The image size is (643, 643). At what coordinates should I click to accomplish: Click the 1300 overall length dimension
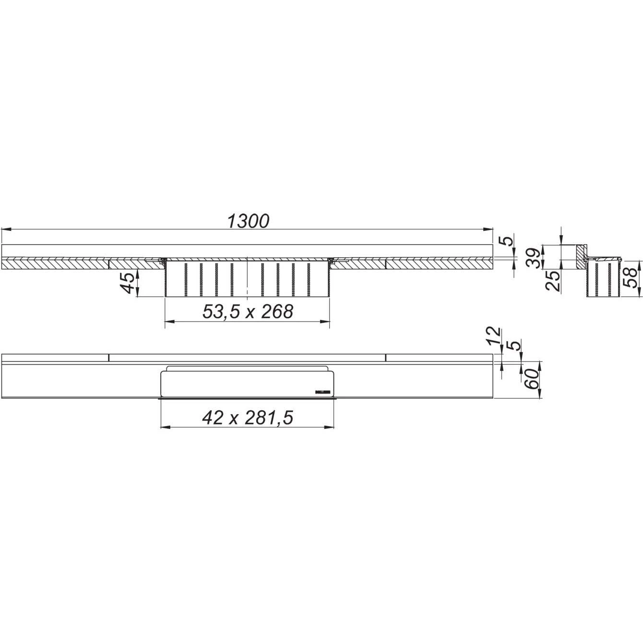(248, 221)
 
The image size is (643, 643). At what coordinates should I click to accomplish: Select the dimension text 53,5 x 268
(248, 312)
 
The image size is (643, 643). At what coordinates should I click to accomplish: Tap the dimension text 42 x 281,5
(248, 418)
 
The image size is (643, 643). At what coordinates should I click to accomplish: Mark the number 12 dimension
(494, 336)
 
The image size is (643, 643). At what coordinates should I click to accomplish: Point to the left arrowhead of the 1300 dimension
(5, 230)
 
